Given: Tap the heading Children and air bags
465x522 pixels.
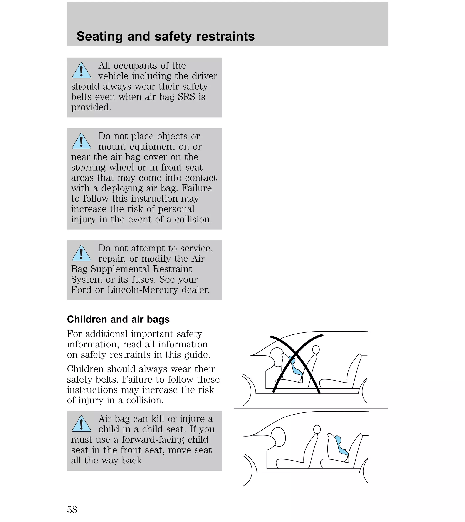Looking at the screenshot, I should (x=118, y=320).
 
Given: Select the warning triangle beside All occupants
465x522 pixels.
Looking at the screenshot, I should (x=81, y=71).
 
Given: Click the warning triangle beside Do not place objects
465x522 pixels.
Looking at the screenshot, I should (x=81, y=141).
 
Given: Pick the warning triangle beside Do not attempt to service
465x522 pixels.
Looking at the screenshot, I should (x=81, y=253).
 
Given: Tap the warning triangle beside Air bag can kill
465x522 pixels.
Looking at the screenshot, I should (x=81, y=424).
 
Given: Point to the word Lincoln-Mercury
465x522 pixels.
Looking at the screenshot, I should (x=142, y=290).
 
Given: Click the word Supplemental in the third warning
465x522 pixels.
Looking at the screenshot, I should (x=121, y=269).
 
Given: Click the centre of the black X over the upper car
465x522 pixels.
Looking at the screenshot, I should (x=296, y=354).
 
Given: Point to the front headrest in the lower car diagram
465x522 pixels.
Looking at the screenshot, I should (x=317, y=429).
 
